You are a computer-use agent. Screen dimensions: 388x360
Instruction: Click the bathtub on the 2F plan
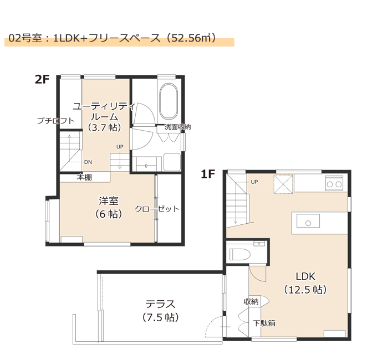pos(169,101)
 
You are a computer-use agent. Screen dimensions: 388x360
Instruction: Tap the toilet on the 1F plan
pos(240,254)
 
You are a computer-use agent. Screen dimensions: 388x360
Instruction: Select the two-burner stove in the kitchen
pos(334,183)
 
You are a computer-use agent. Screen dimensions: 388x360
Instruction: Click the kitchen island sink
pos(308,221)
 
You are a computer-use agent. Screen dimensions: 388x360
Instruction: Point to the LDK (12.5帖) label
pos(305,283)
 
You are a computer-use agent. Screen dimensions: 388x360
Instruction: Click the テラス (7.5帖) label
pos(160,310)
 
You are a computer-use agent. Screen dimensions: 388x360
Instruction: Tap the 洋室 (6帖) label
pos(109,207)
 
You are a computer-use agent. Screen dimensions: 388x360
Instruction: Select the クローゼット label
pos(157,209)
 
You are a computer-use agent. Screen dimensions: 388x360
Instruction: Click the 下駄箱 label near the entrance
pos(264,323)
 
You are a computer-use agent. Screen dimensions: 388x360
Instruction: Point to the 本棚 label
pos(84,177)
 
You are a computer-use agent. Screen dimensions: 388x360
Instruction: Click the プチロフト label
pos(55,121)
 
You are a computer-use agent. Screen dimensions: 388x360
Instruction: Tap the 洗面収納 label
pos(178,127)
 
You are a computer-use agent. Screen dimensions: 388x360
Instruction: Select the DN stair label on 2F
pos(88,162)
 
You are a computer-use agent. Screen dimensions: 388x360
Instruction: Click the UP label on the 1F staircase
pos(254,182)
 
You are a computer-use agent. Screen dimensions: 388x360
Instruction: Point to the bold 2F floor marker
pos(42,79)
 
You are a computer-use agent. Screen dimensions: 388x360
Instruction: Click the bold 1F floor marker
pos(208,174)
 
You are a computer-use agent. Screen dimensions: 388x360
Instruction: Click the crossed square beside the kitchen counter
pos(283,184)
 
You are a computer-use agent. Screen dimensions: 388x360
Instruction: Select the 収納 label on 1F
pos(251,302)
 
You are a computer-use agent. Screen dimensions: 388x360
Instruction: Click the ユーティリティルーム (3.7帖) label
pos(104,117)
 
